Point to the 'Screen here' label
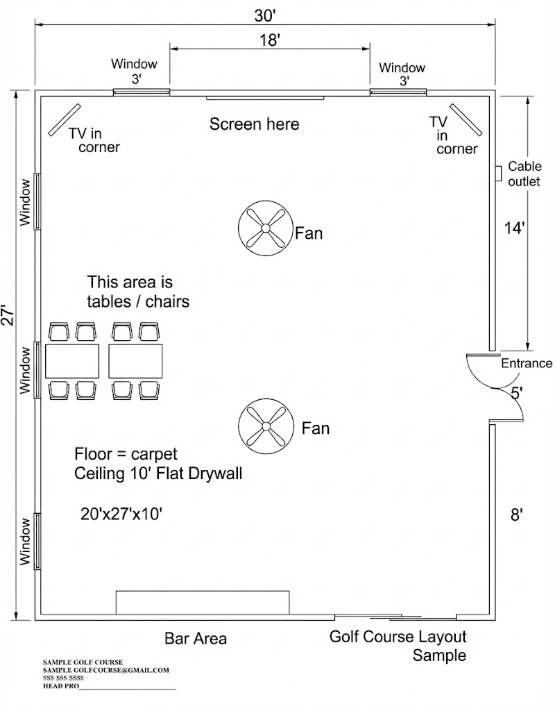tap(255, 124)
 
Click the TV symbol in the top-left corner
tap(65, 119)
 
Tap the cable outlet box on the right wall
tap(497, 174)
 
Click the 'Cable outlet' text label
tap(524, 174)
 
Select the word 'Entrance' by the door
tap(527, 363)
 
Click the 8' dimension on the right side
tap(515, 515)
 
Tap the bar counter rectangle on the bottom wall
tap(203, 602)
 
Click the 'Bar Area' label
tap(196, 638)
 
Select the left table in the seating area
tap(72, 361)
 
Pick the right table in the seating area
tap(135, 361)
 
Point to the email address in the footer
tap(106, 670)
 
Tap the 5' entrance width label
tap(517, 393)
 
